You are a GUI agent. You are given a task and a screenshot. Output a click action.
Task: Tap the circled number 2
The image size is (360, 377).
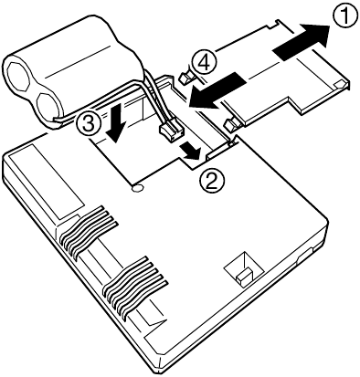[212, 180]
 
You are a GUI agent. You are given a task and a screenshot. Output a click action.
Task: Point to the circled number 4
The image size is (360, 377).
[204, 63]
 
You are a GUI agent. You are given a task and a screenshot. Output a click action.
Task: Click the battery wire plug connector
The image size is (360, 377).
[172, 133]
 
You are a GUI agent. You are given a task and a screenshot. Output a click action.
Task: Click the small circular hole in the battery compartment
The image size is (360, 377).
[137, 188]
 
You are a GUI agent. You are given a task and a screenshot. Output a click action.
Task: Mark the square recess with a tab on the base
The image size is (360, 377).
[244, 270]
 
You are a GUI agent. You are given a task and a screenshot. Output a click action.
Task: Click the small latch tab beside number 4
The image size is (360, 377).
[185, 79]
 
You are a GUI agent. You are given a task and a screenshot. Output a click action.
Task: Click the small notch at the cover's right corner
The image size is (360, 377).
[340, 85]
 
